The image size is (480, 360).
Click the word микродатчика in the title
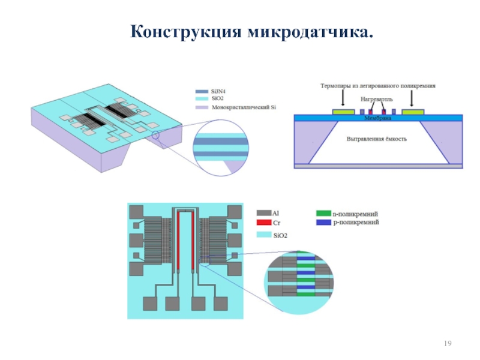coord(308,31)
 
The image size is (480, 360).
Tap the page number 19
coord(447,343)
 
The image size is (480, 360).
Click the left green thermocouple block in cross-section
coord(344,112)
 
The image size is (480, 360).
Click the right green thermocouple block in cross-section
coord(413,112)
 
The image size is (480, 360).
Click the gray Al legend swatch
coord(263,213)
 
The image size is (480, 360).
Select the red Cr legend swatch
coord(263,223)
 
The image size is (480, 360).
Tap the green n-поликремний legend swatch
coord(323,213)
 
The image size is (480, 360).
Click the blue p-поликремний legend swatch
coord(323,223)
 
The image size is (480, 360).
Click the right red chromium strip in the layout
coord(193,240)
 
